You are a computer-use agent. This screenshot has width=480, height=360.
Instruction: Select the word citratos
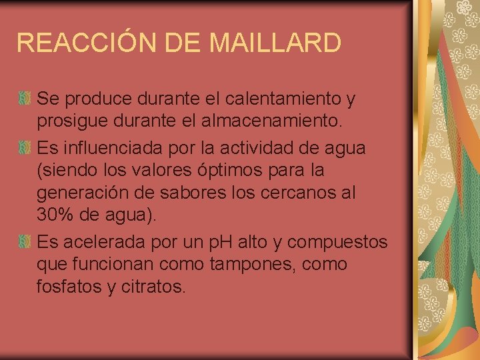pos(157,287)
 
